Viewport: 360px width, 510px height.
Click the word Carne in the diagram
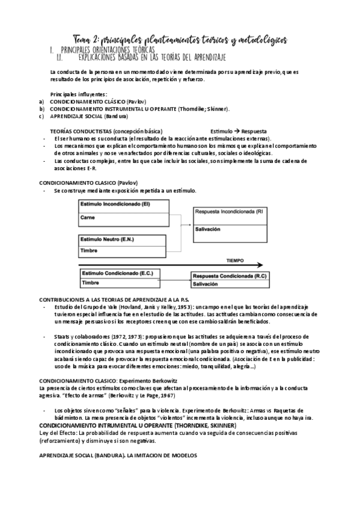(87, 217)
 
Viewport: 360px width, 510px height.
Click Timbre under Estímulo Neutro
(89, 250)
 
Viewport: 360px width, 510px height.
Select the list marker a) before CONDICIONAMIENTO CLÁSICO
(41, 102)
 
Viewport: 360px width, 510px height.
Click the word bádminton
(69, 417)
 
